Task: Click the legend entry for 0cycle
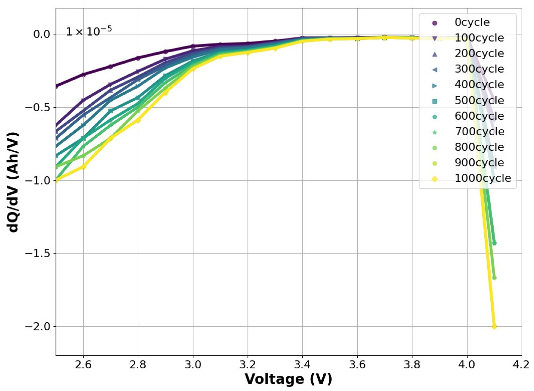472,23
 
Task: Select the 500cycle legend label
479,101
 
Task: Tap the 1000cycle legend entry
482,178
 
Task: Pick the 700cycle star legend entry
479,132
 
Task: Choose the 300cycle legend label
479,69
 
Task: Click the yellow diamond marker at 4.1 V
494,326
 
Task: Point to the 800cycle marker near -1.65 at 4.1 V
494,278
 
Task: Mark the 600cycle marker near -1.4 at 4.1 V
494,243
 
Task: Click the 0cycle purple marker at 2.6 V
83,74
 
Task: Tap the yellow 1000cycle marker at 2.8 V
138,120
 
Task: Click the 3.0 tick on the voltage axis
193,365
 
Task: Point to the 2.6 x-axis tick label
83,365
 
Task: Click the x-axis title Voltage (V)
288,379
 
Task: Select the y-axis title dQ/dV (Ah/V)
14,182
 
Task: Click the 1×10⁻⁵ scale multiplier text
89,31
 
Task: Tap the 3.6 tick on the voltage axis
357,365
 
